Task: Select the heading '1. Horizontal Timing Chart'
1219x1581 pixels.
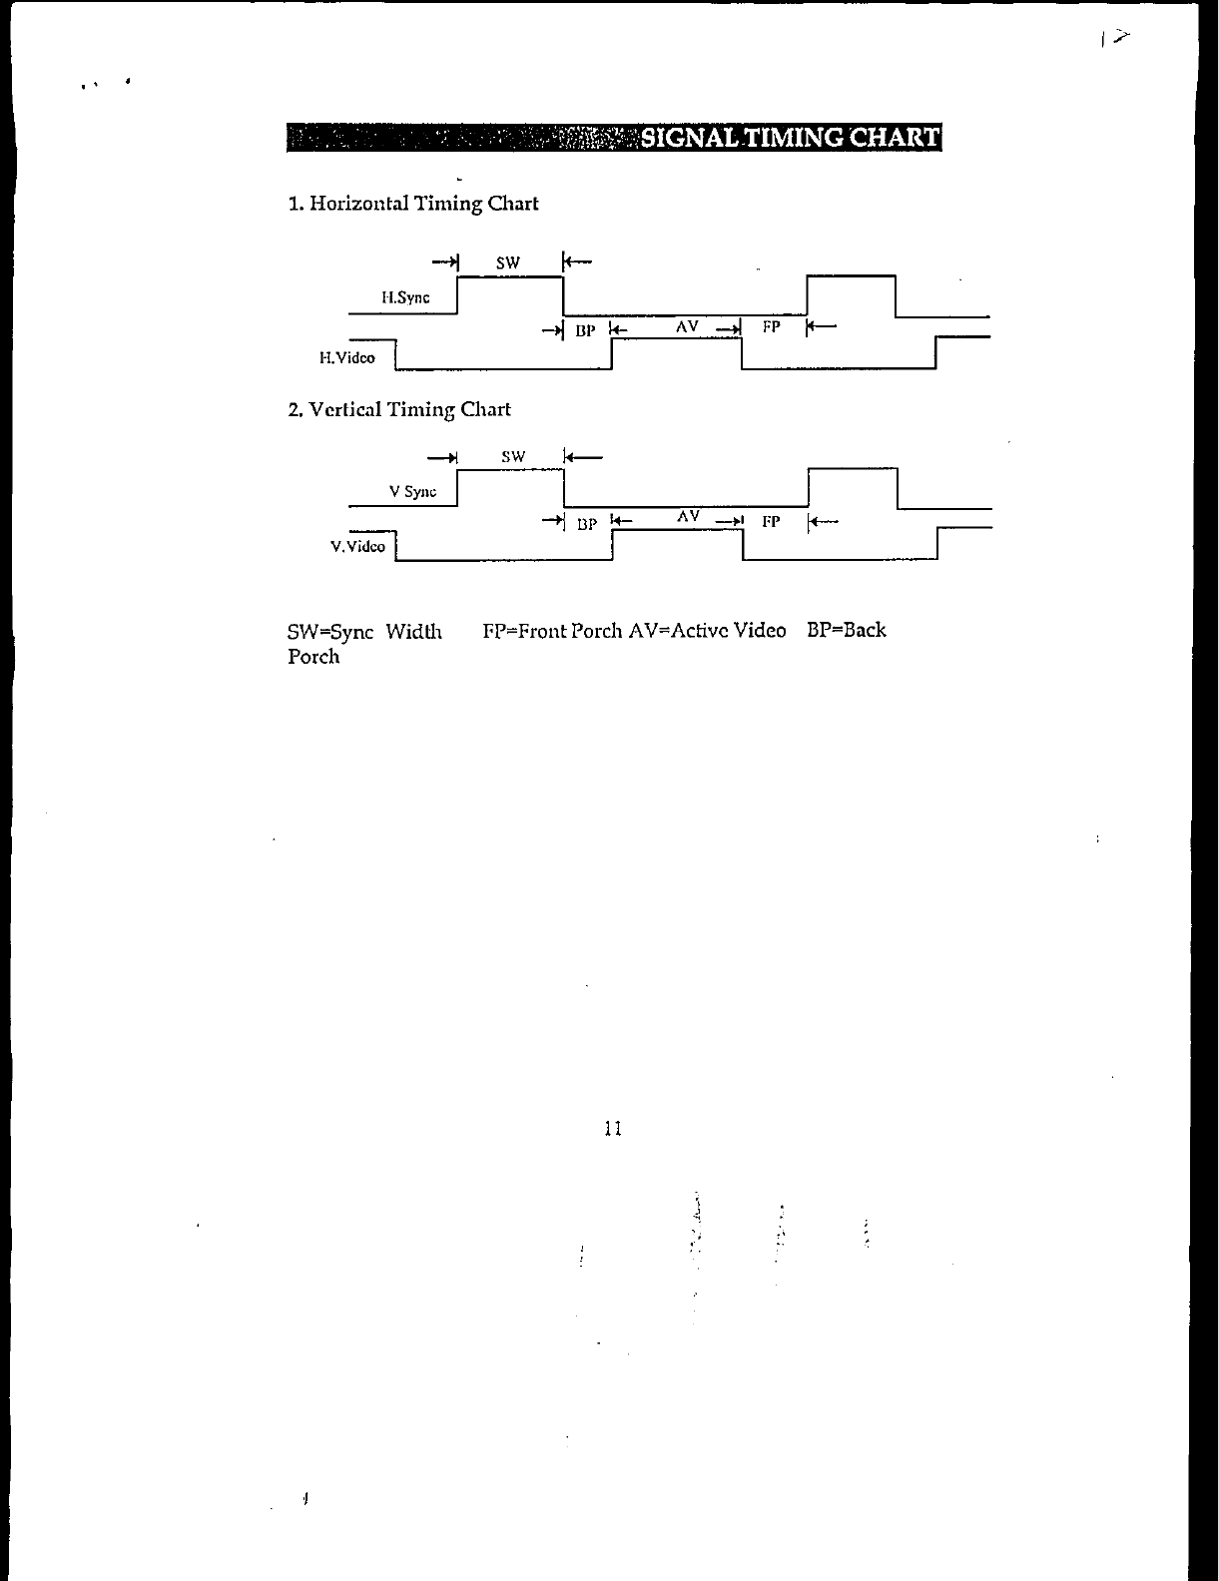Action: (413, 204)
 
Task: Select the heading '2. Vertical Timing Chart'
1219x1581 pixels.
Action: (399, 409)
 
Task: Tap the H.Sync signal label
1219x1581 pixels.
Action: (405, 297)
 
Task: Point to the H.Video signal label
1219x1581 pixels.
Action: (347, 357)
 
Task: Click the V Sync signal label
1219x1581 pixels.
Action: (412, 491)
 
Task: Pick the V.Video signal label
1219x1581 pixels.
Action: (357, 546)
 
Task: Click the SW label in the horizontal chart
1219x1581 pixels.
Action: (508, 263)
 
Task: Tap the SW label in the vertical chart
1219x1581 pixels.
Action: (513, 457)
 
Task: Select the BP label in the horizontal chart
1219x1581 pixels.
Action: (585, 330)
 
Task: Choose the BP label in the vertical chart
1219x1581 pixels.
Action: (587, 524)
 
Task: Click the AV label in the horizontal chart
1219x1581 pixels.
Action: (687, 326)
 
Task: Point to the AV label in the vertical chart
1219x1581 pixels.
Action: (688, 516)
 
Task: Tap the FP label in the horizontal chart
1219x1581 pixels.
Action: (771, 326)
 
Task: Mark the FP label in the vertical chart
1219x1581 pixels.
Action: (771, 521)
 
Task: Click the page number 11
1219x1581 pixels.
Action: (613, 1129)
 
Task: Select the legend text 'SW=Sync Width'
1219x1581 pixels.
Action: (364, 631)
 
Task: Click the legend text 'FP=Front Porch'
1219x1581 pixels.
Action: (552, 631)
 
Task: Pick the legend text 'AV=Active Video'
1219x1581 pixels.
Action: (707, 631)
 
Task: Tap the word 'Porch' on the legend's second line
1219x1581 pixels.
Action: (313, 657)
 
